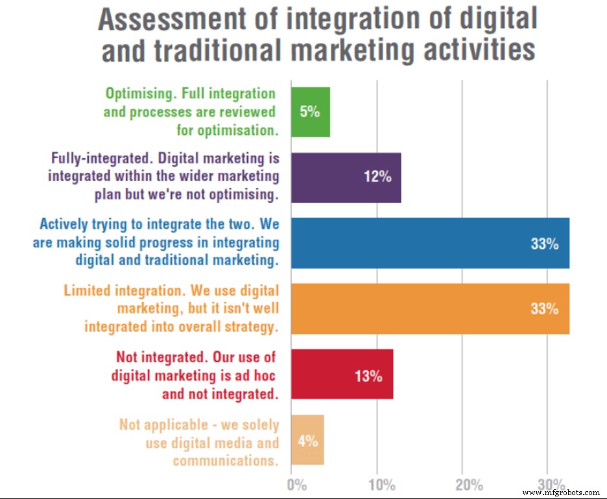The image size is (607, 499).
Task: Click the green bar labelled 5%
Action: [x=310, y=112]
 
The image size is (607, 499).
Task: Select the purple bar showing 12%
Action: [x=346, y=178]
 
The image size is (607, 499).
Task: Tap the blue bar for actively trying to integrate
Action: [x=430, y=243]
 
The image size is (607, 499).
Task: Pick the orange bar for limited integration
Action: [x=430, y=308]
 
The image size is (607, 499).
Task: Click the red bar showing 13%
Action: [x=342, y=375]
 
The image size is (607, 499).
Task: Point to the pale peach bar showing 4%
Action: [x=307, y=441]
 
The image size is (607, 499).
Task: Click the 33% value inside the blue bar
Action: [x=544, y=244]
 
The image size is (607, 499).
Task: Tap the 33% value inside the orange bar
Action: [x=544, y=309]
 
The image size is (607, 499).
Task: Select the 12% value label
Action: [x=377, y=178]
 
